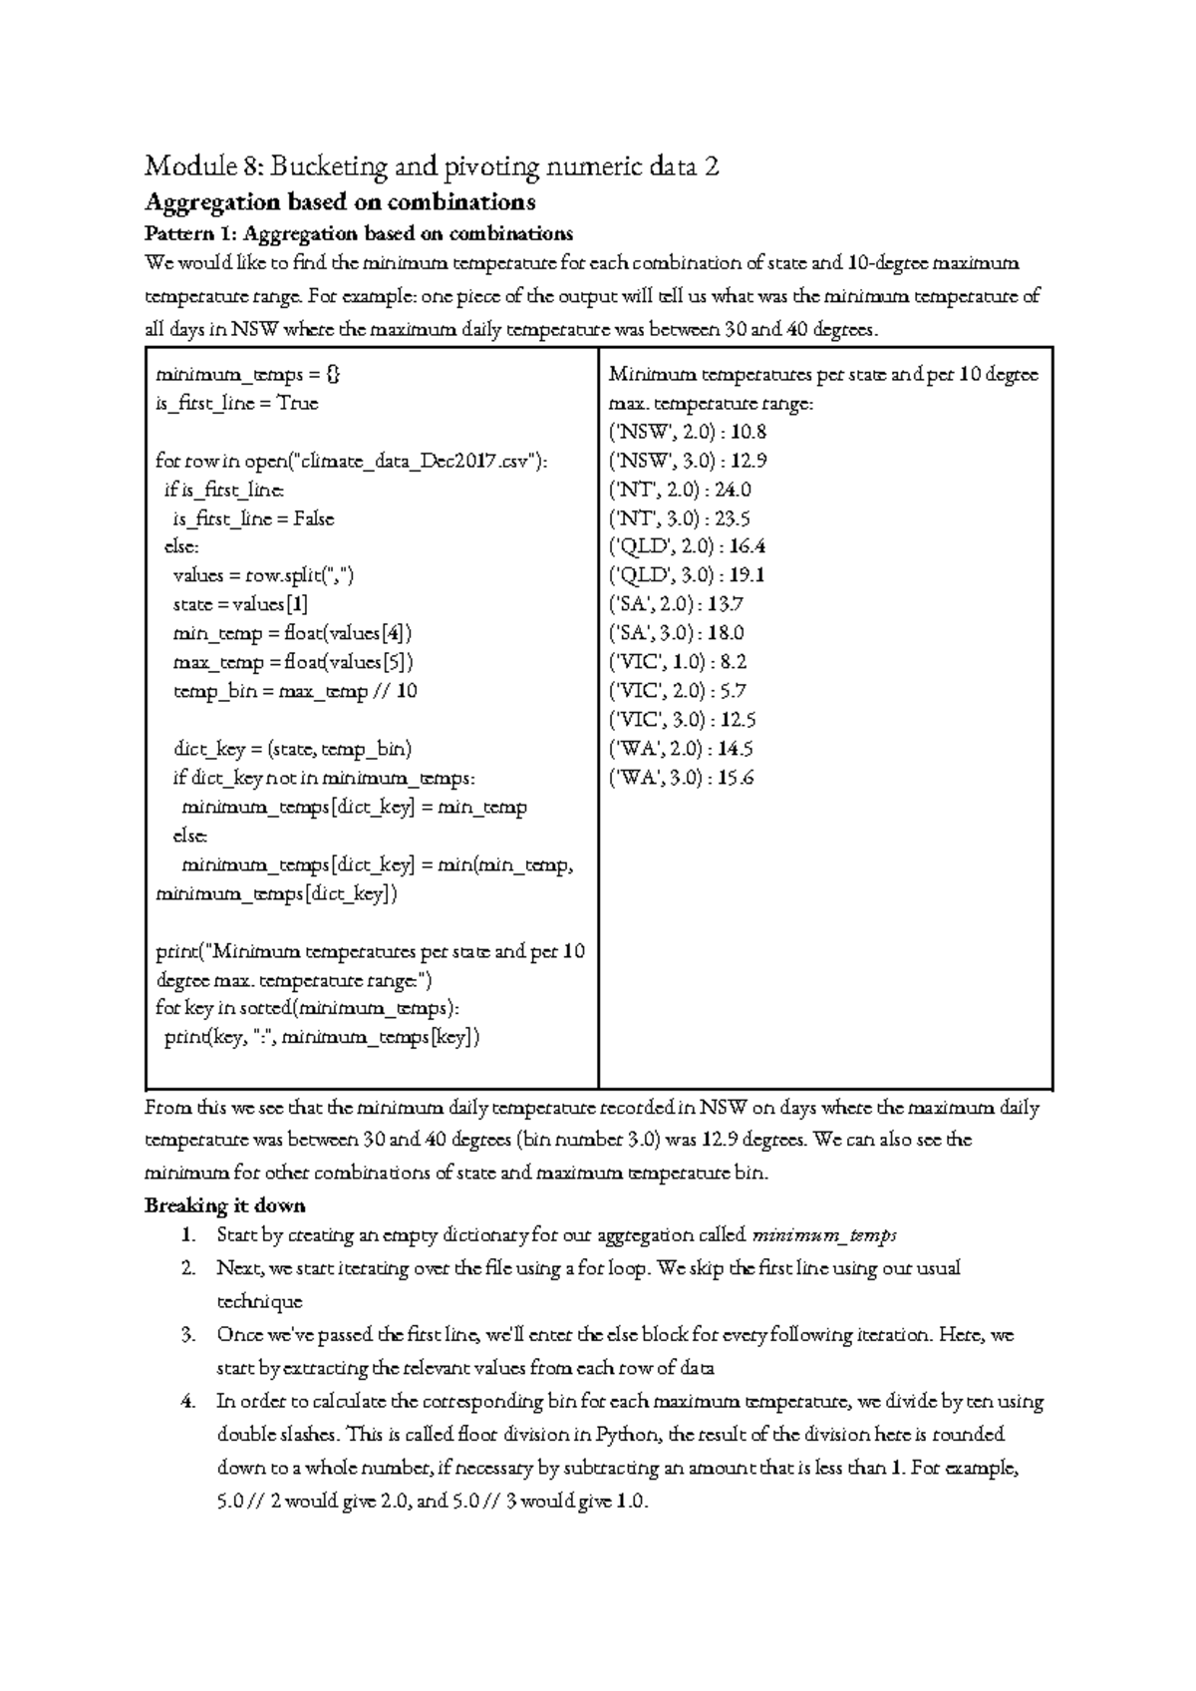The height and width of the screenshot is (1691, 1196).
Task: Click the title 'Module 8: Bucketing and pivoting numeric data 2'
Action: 431,166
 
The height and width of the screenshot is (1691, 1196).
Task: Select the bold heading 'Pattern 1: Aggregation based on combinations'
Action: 359,234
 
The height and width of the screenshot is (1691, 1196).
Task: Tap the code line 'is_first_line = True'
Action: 237,404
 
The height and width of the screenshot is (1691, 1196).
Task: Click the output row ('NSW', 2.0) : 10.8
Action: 687,432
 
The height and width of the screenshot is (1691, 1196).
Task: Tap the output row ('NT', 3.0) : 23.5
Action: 680,518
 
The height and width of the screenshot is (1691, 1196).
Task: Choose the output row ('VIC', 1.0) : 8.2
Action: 678,662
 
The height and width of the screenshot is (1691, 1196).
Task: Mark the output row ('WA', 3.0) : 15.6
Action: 681,778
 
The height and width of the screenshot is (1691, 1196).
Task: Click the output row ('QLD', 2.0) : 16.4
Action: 687,546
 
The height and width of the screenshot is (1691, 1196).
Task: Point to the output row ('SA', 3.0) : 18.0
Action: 677,633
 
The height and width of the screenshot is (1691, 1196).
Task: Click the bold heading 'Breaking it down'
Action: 225,1205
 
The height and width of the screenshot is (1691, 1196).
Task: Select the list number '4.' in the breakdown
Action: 187,1401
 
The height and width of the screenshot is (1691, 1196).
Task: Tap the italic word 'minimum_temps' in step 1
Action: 824,1235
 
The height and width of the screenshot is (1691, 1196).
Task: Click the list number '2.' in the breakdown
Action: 187,1268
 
